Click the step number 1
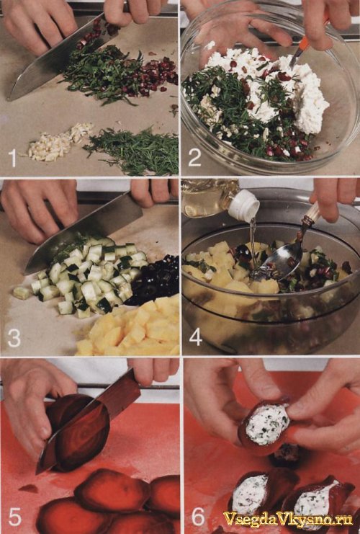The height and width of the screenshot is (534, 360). pyautogui.click(x=13, y=159)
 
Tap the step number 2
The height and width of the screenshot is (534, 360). pyautogui.click(x=194, y=158)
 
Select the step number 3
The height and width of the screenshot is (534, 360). pyautogui.click(x=14, y=338)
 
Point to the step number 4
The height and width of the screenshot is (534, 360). pyautogui.click(x=196, y=337)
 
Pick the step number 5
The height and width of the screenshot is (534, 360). pyautogui.click(x=14, y=517)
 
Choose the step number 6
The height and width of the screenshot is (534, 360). pyautogui.click(x=198, y=517)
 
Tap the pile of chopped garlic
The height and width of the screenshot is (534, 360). pyautogui.click(x=60, y=143)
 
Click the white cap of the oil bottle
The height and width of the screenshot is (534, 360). pyautogui.click(x=244, y=205)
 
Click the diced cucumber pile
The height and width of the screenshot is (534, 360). pyautogui.click(x=87, y=274)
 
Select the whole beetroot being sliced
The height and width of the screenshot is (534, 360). pyautogui.click(x=78, y=431)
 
